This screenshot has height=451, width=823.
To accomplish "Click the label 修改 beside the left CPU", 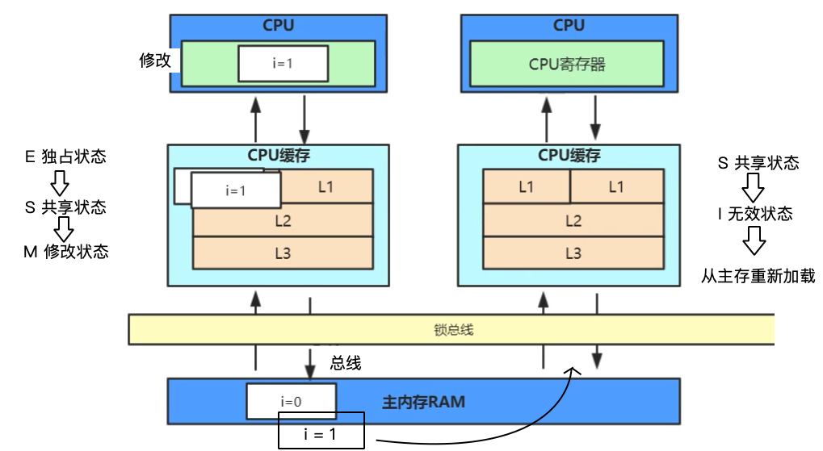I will pos(155,61).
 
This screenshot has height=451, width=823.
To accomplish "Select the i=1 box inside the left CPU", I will pos(283,64).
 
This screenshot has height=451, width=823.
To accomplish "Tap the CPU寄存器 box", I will pos(568,65).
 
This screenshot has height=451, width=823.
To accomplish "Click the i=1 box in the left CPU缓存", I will pos(235,191).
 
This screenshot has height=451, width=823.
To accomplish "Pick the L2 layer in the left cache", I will pos(283,219).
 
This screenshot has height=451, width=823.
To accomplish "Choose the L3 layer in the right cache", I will pos(573,253).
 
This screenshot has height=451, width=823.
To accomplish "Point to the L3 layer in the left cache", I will pos(283,253).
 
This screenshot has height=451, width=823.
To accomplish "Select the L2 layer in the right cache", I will pos(573,220).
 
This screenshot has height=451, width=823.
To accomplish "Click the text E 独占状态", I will pos(65,157).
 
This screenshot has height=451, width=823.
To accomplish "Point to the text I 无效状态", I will pos(755,214).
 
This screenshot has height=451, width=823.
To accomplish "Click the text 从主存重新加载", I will pos(758,277).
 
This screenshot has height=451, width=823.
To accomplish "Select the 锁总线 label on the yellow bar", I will pos(451,330).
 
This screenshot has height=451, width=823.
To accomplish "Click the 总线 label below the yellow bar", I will pos(346,363).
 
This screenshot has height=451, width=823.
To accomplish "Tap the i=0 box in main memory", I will pos(291,401).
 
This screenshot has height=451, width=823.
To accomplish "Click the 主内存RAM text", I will pos(422,401).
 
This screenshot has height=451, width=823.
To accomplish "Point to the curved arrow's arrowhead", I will pos(574,370).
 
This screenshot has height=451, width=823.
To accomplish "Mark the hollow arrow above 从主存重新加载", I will pos(755,240).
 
